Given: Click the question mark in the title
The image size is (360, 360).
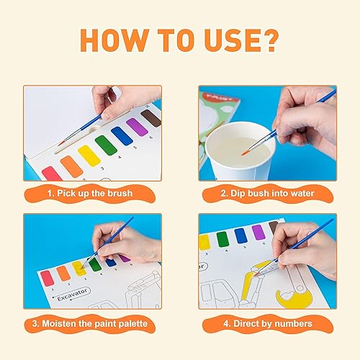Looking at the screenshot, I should (266, 41).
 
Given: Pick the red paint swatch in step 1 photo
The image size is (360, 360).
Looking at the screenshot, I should (51, 173).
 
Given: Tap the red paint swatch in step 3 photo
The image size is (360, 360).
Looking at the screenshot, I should (48, 278).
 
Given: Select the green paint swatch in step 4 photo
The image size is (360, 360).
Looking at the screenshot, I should (222, 238).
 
